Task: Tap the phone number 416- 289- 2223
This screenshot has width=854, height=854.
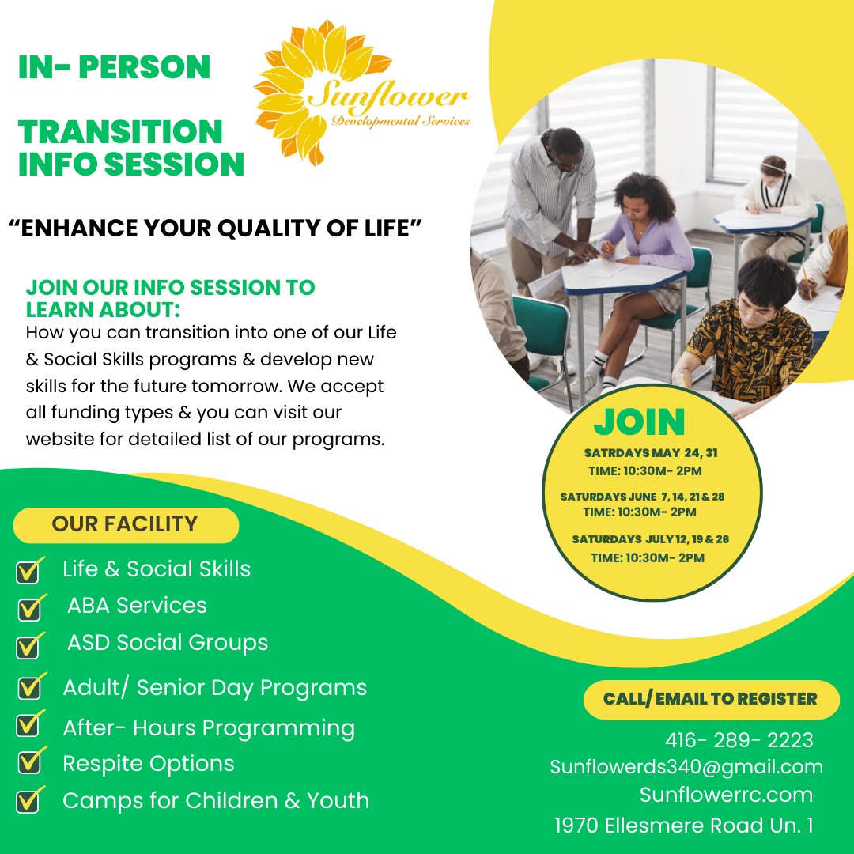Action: tap(739, 740)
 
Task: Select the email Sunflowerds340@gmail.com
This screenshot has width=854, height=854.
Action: tap(686, 767)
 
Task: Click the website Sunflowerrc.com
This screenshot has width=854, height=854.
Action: tap(726, 795)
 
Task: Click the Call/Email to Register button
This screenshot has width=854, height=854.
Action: tap(711, 699)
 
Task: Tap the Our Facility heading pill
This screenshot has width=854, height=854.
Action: tap(126, 524)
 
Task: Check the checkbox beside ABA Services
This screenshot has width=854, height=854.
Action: tap(31, 607)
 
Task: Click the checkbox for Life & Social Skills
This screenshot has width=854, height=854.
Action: tap(29, 570)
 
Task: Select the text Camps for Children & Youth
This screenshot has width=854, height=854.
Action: tap(216, 800)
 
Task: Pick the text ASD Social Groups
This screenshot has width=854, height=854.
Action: tap(168, 643)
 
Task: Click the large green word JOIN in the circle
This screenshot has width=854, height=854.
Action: tap(639, 422)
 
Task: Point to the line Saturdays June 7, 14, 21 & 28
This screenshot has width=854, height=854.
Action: tap(642, 497)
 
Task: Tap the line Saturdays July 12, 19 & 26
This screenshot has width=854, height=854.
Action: tap(650, 539)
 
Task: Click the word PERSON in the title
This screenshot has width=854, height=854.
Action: tap(145, 67)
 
